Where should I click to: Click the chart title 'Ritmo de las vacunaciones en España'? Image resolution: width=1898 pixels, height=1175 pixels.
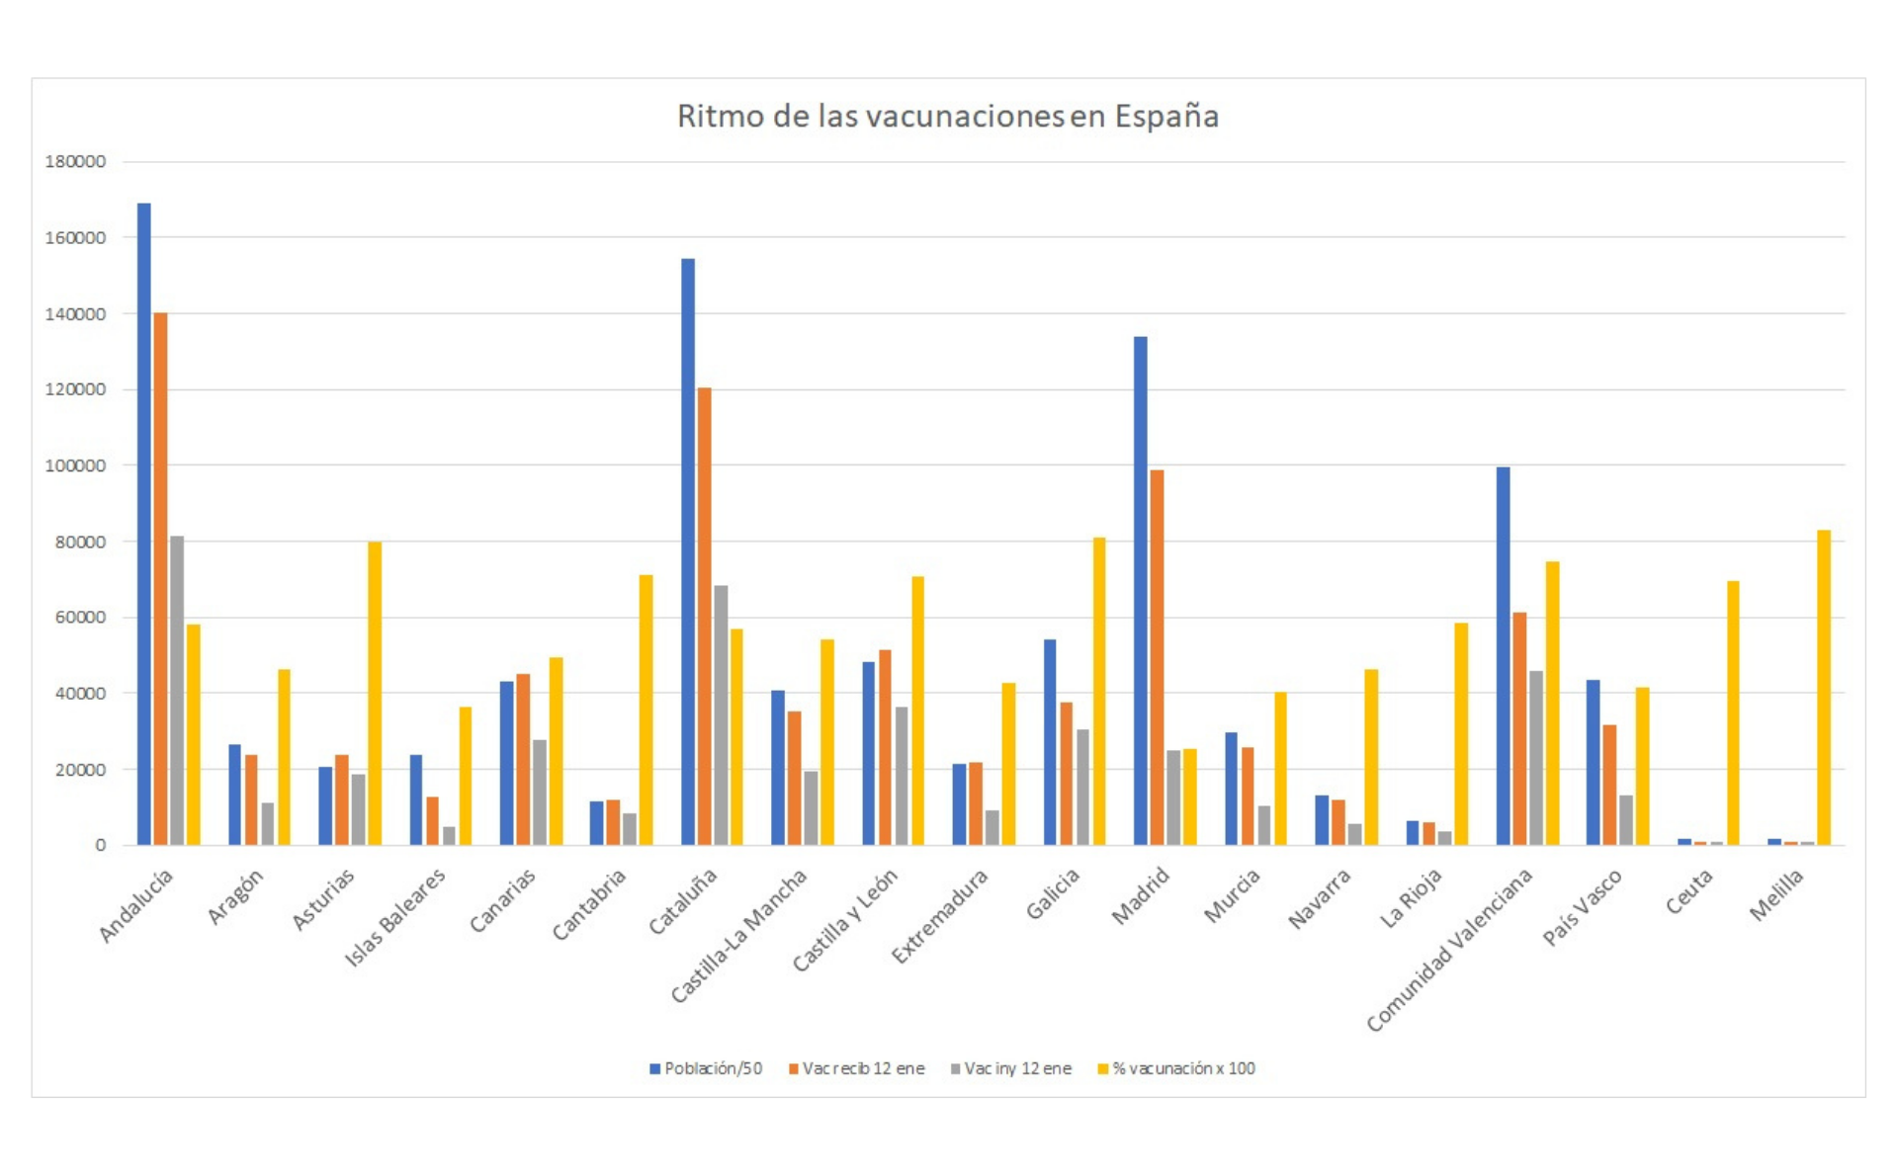pyautogui.click(x=947, y=117)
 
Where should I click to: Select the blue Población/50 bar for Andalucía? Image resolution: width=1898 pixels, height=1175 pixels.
pyautogui.click(x=144, y=524)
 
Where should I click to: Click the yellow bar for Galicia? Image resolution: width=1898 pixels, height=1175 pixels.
pyautogui.click(x=1099, y=691)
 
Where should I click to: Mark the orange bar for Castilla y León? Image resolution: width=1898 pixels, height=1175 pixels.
pyautogui.click(x=885, y=746)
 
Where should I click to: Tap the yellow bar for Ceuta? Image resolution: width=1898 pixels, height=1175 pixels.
pyautogui.click(x=1733, y=713)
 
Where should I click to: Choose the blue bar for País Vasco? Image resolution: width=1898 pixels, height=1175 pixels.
pyautogui.click(x=1593, y=762)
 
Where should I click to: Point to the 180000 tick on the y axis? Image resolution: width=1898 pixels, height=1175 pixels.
pyautogui.click(x=75, y=162)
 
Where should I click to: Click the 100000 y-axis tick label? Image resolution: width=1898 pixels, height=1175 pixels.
pyautogui.click(x=75, y=465)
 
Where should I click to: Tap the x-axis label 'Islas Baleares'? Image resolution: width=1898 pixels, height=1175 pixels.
pyautogui.click(x=395, y=917)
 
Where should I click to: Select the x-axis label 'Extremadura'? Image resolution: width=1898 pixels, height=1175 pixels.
pyautogui.click(x=939, y=915)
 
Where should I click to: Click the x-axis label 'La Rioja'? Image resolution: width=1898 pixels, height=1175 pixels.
pyautogui.click(x=1411, y=897)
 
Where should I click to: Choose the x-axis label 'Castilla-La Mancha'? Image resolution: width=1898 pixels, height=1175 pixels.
pyautogui.click(x=739, y=935)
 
